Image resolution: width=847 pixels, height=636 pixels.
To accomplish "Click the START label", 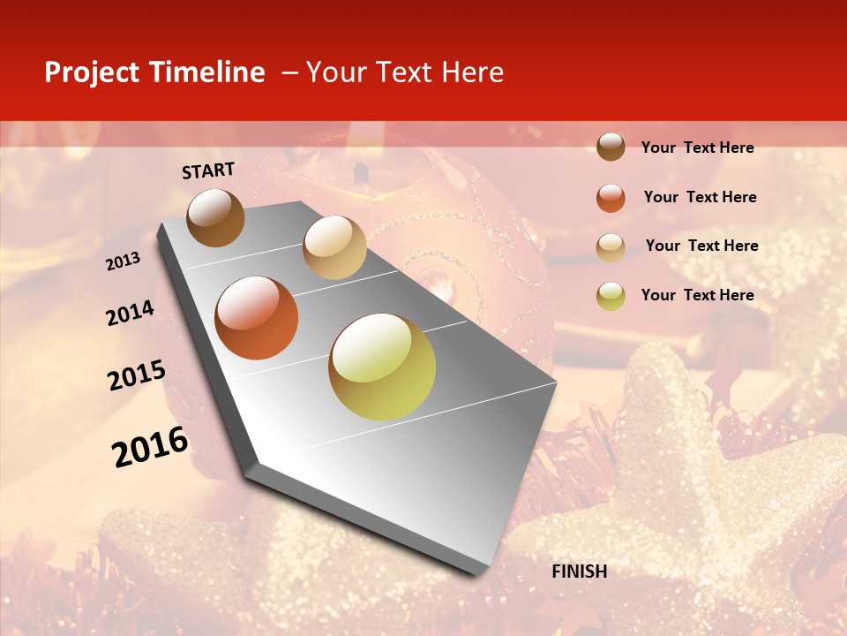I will (208, 170).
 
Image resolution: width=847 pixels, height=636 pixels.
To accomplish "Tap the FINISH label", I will (579, 572).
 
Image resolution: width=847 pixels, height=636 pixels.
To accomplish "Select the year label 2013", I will (123, 261).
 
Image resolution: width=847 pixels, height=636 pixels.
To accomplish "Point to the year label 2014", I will (130, 314).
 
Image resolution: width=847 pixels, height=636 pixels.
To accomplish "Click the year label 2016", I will (150, 447).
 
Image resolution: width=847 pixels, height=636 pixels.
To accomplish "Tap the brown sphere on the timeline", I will (215, 217).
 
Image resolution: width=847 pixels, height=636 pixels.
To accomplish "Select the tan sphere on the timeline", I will (334, 247).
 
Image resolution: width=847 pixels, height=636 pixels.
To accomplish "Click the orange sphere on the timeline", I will (257, 318).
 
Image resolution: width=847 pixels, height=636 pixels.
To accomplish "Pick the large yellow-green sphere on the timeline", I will (382, 367).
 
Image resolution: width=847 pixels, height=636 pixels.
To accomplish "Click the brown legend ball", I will (611, 147).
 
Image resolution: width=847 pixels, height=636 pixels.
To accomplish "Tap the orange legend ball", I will (611, 198).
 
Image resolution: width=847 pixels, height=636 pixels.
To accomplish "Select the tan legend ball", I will (611, 247).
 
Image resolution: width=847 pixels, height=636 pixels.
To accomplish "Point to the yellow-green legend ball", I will (611, 296).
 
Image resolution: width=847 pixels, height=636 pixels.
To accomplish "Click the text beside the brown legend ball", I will (697, 148).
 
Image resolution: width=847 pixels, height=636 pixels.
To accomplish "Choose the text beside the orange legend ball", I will (700, 198).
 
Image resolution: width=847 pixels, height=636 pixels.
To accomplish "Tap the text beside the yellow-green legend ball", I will (697, 295).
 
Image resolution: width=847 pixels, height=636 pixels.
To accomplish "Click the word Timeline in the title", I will (206, 72).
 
